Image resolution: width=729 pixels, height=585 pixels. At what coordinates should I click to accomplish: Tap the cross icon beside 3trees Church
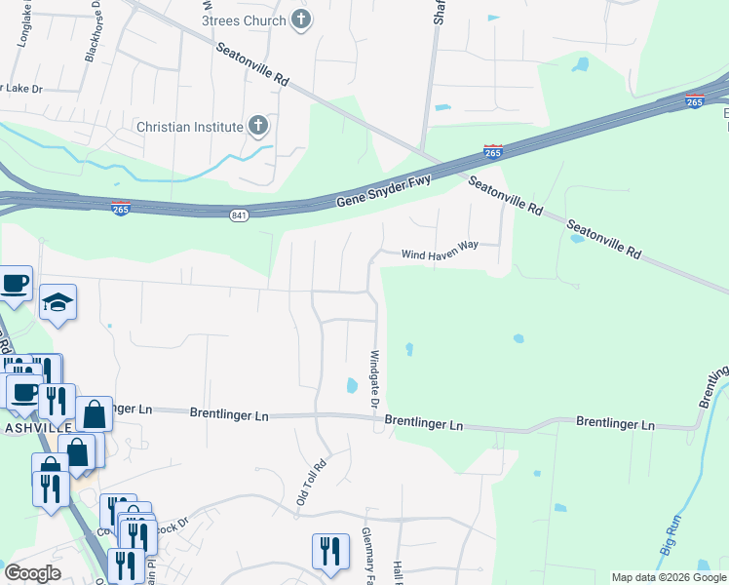coord(302,19)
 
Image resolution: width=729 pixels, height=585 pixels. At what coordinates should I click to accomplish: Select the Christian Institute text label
coord(189,127)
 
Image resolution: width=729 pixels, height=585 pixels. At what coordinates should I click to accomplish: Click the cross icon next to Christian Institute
coord(258,126)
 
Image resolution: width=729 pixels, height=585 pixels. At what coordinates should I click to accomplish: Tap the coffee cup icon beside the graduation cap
coord(15,283)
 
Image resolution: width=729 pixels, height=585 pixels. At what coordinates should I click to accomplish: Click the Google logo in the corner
coord(32,573)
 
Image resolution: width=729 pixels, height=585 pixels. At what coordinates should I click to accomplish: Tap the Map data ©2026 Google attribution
coord(669,577)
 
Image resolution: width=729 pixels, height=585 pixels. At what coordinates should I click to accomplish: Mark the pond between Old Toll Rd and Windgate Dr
coord(351,386)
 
